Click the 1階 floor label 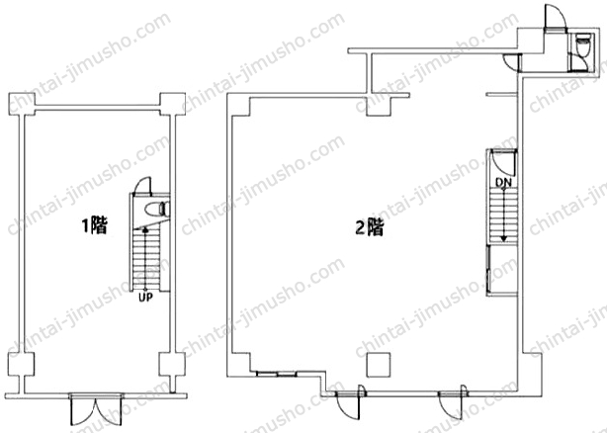tap(94, 226)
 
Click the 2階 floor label tap(370, 227)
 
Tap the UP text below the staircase tap(145, 298)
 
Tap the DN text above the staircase tap(503, 183)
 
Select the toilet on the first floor tap(157, 209)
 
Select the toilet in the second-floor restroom tap(583, 45)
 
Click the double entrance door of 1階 tap(96, 409)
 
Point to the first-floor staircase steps tap(145, 258)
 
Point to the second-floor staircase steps tap(502, 216)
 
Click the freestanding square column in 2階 tap(379, 365)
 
